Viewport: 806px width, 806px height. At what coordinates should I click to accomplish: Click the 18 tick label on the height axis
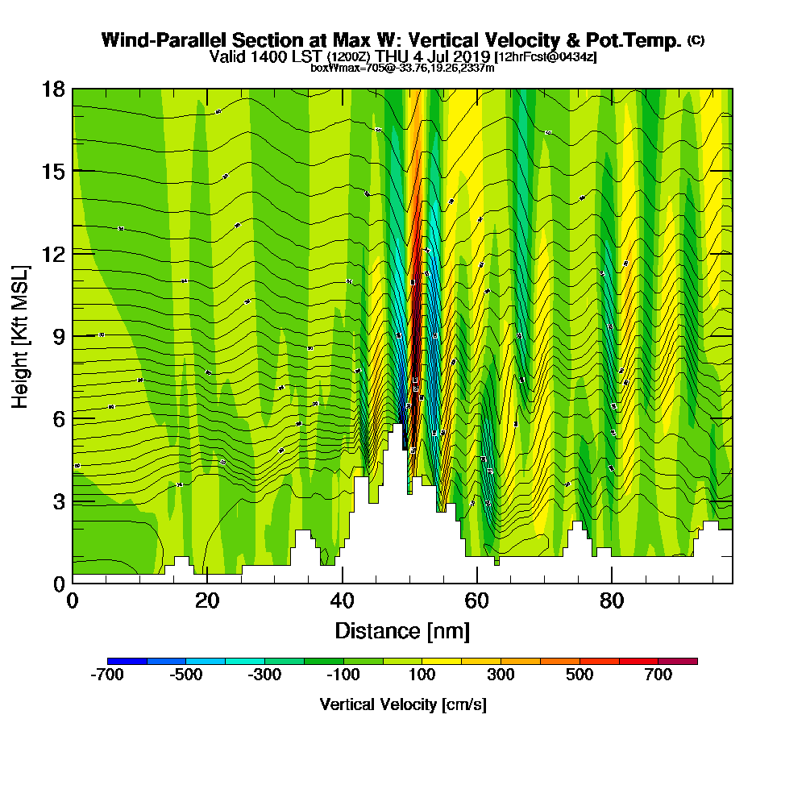53,89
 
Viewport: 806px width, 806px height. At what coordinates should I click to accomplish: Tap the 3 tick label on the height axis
58,501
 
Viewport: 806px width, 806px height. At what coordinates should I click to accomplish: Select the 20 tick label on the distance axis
207,601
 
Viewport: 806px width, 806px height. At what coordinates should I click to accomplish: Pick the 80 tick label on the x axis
612,601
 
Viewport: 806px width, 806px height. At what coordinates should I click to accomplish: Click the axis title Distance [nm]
402,630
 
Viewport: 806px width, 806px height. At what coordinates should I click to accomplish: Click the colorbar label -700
107,675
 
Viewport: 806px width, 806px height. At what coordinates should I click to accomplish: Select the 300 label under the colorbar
501,675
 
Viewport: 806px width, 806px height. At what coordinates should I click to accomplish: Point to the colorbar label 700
658,675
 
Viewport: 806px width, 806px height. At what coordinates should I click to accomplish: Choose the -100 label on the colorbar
343,675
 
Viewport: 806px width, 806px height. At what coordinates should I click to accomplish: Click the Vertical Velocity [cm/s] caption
402,704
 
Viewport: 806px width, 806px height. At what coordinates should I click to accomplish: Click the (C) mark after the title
696,39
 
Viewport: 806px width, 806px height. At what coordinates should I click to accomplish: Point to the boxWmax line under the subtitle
402,68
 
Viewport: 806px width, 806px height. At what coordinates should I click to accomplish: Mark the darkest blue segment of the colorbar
127,661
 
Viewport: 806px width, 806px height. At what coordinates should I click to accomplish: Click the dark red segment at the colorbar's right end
678,661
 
